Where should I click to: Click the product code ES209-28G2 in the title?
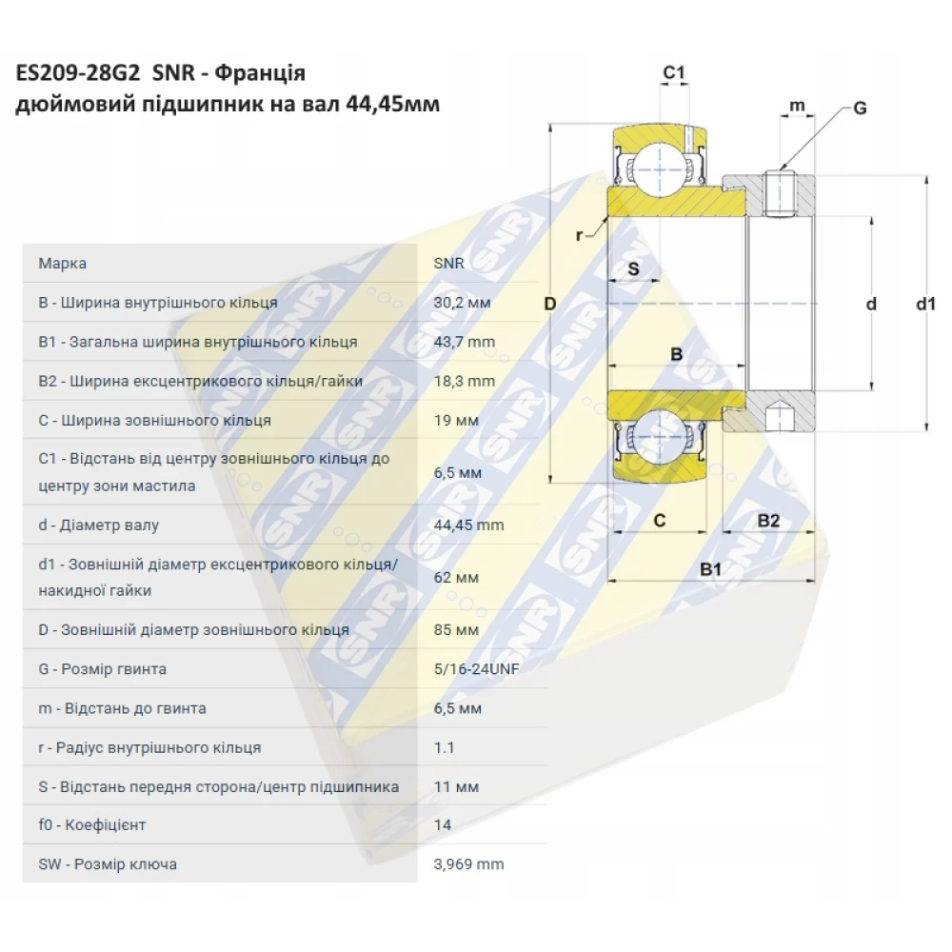point(77,74)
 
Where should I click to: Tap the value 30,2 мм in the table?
point(462,303)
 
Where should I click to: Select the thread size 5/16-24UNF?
point(476,669)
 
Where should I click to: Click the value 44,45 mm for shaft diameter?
point(468,526)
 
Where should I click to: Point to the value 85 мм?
point(456,630)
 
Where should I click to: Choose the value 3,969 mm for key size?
point(468,864)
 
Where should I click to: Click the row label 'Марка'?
point(62,264)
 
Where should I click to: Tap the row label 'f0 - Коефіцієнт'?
point(92,825)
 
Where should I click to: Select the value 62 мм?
point(456,578)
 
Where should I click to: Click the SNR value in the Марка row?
point(448,264)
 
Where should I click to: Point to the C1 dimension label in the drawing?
point(674,73)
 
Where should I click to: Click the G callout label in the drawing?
point(859,109)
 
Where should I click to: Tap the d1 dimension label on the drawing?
point(925,305)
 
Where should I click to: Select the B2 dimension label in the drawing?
point(768,520)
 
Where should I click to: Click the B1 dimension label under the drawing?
point(711,569)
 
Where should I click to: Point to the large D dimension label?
point(549,305)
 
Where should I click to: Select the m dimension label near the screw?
point(798,105)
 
